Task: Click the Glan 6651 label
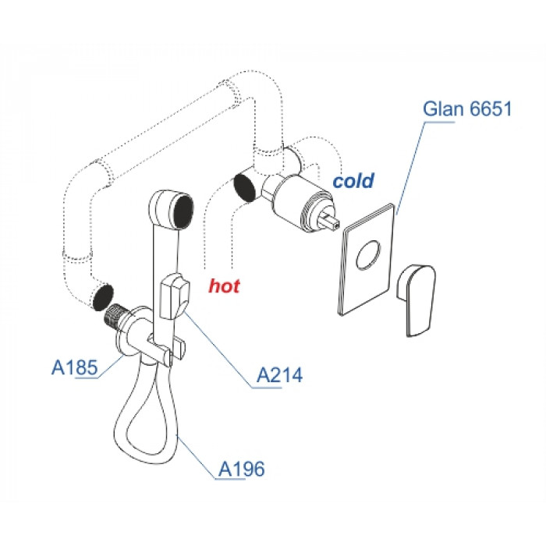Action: tap(467, 108)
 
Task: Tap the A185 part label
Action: tap(75, 367)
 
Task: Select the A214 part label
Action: tap(279, 375)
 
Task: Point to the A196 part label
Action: tap(241, 469)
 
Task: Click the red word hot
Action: tap(225, 286)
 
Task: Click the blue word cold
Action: tap(353, 181)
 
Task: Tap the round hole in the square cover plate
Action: tap(368, 254)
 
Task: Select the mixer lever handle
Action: tap(416, 300)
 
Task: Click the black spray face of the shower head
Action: tap(183, 211)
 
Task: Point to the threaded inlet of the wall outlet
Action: tap(116, 316)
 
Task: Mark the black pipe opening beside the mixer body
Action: tap(244, 188)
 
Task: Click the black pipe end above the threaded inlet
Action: tap(103, 297)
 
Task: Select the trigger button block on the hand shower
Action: tap(175, 296)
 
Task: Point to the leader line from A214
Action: tap(218, 349)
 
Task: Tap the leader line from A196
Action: tap(195, 457)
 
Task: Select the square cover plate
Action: tap(367, 260)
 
